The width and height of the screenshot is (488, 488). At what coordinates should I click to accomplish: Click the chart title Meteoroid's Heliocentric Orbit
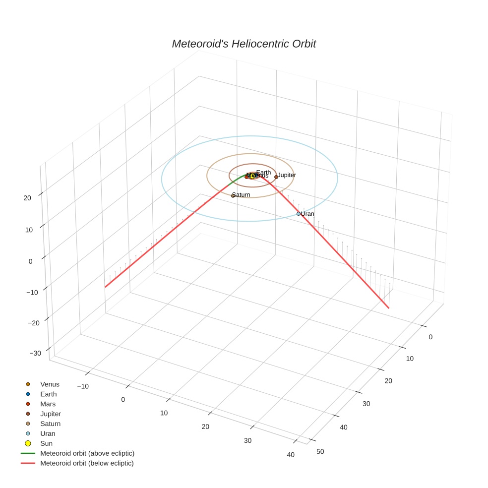coord(244,44)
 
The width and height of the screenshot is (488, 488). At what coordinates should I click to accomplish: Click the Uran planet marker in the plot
coord(299,214)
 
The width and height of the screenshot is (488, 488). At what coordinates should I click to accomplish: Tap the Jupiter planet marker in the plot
coord(276,177)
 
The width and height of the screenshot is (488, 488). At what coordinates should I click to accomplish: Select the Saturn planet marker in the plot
coord(233,195)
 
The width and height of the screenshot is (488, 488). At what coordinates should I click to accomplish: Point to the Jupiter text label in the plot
coord(287,175)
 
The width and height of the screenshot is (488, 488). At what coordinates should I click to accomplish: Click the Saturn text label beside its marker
coord(242,195)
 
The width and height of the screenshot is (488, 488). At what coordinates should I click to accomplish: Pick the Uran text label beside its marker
coord(308,214)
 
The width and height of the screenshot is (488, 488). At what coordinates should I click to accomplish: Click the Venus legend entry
coord(50,384)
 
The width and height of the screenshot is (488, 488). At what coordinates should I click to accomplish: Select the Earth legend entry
coord(49,394)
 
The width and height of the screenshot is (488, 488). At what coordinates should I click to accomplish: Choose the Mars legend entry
coord(48,404)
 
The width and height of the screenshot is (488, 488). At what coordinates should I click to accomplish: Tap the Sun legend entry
coord(46,443)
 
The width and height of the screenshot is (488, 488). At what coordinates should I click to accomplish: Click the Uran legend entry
coord(47,433)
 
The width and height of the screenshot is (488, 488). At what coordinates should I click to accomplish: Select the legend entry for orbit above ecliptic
coord(87,453)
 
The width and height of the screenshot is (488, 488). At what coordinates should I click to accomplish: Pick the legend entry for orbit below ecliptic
coord(87,463)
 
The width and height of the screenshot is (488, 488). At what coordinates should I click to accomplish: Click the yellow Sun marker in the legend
coord(28,443)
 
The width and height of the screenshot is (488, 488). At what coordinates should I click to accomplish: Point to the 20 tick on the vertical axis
coord(27,198)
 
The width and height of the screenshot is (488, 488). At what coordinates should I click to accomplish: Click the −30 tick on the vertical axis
coord(35,353)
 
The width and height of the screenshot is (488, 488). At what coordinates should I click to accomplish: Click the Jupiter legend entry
coord(51,414)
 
